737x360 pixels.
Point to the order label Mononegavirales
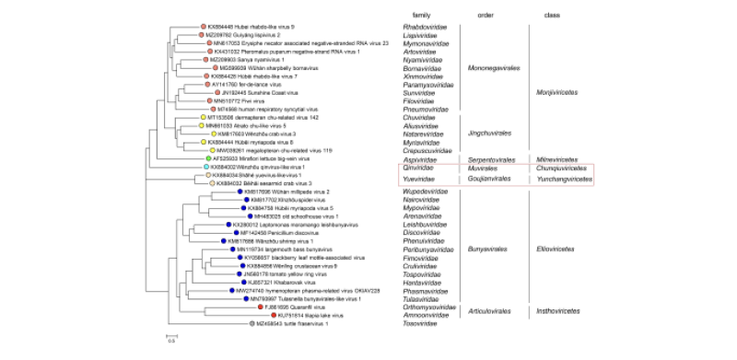point(494,67)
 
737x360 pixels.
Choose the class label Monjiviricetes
point(560,92)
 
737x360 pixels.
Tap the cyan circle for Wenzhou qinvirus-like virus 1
point(207,167)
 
